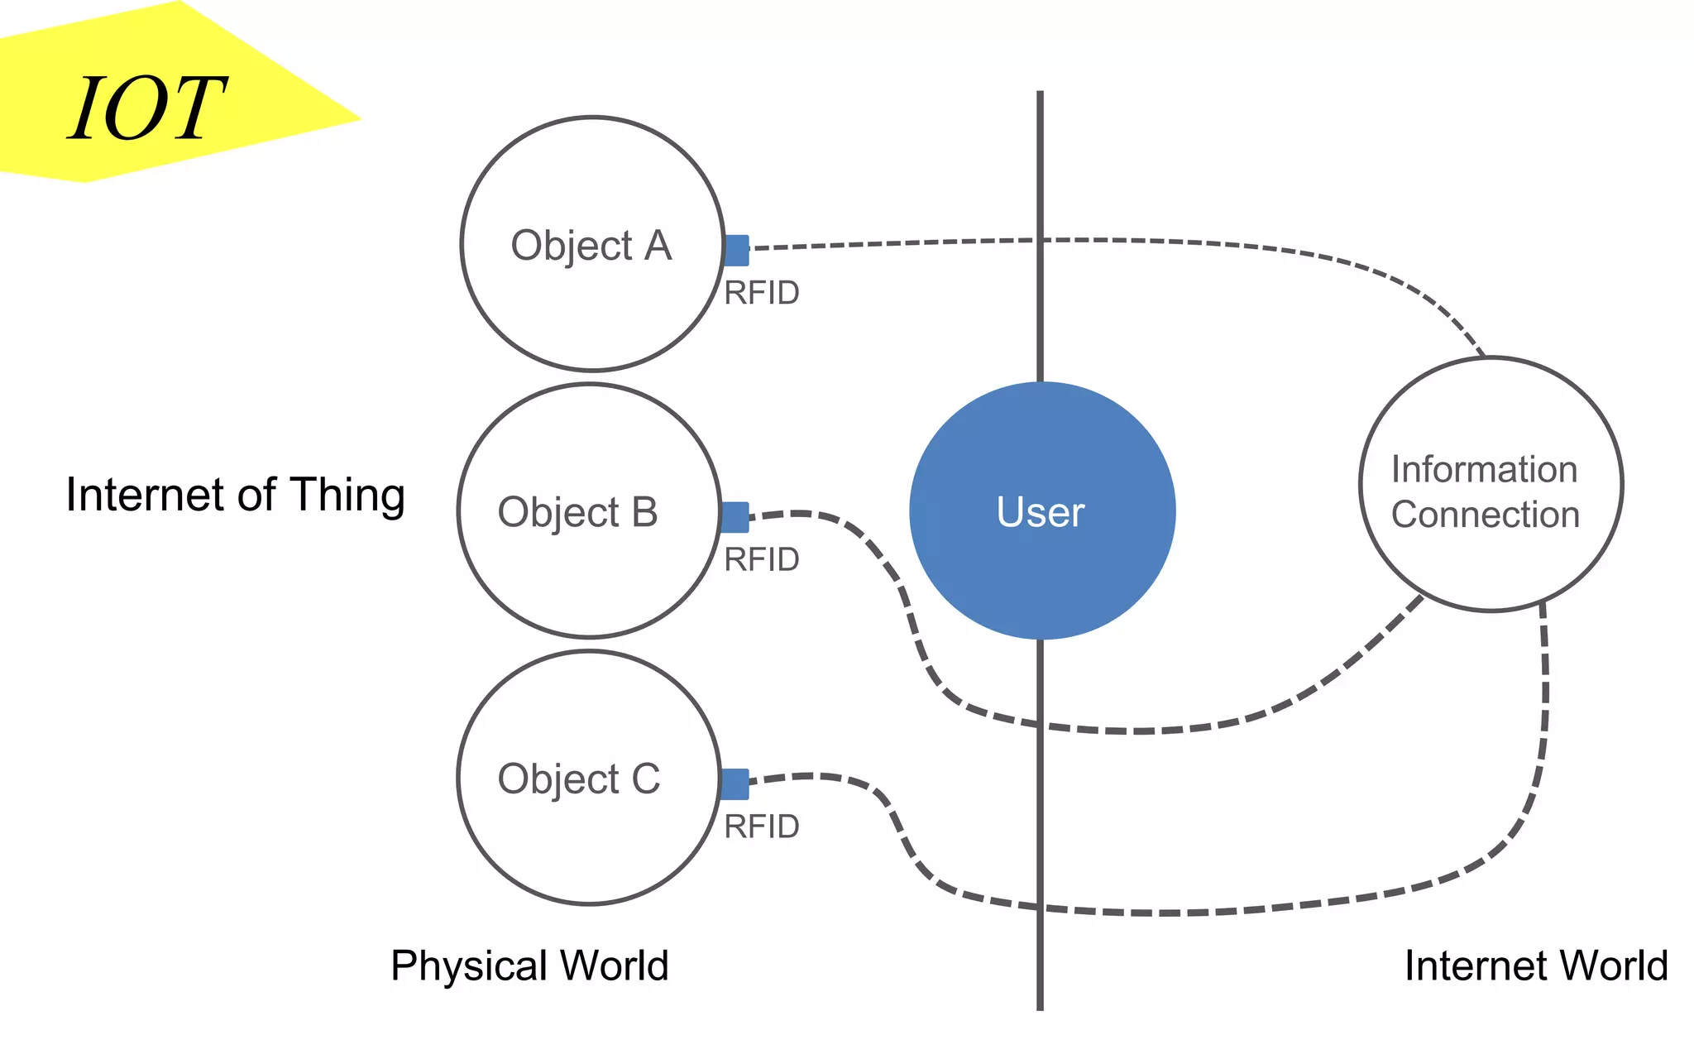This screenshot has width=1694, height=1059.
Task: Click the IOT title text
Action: [147, 109]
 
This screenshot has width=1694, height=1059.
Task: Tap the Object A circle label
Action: [591, 246]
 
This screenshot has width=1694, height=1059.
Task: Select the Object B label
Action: [577, 512]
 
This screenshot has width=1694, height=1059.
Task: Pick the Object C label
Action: [578, 779]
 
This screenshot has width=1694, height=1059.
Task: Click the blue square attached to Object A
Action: [736, 250]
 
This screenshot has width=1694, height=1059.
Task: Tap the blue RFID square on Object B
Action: [735, 517]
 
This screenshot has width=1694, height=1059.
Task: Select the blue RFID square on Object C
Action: [735, 783]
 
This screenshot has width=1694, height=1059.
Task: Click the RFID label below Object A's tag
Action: [761, 293]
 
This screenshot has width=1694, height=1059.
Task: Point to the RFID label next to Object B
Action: [761, 560]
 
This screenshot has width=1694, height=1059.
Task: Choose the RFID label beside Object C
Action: [761, 827]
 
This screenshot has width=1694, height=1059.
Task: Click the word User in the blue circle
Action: [1040, 512]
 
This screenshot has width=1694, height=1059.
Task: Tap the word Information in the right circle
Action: [1484, 469]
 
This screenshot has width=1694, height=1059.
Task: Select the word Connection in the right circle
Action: [1485, 515]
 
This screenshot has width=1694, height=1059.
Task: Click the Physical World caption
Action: [529, 966]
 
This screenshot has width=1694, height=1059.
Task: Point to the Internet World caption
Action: [1536, 966]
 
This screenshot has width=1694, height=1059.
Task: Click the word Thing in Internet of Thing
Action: [347, 496]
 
